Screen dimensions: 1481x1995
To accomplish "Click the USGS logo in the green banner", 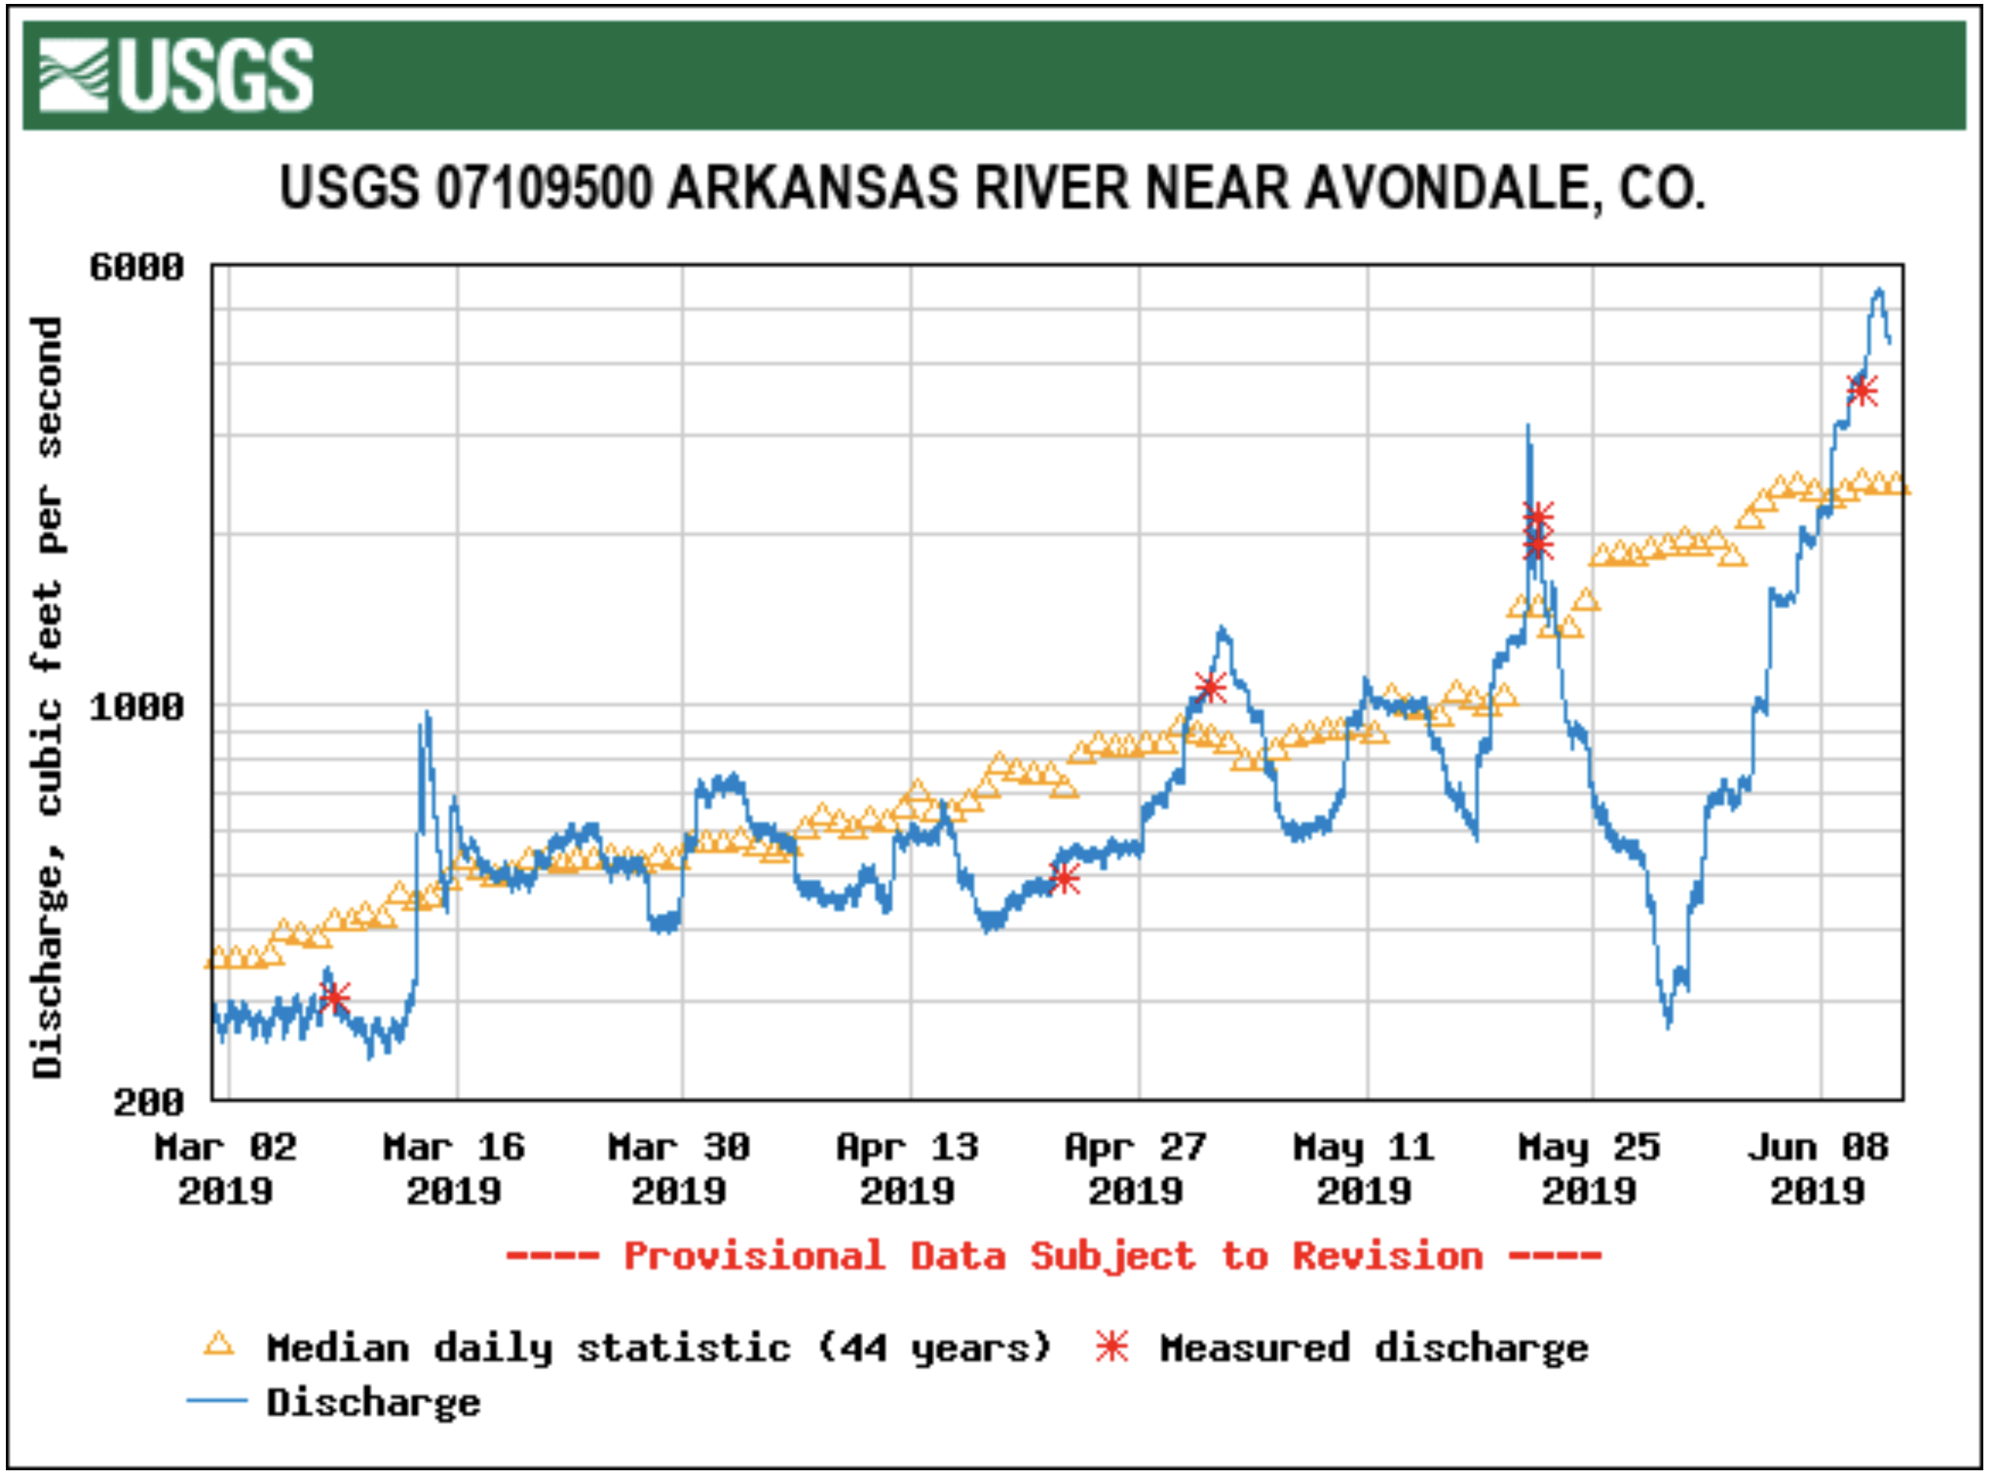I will (175, 75).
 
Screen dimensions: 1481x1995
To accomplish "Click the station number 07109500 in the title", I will (544, 187).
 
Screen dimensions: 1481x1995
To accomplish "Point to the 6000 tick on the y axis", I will (136, 267).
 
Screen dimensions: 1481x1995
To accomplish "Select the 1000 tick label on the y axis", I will (136, 706).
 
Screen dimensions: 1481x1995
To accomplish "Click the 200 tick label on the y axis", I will (148, 1102).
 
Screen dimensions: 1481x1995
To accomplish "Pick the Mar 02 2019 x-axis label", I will (225, 1168).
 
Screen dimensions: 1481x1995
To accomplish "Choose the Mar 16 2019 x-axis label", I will (454, 1168).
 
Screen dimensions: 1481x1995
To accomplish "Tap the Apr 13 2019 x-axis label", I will (908, 1168).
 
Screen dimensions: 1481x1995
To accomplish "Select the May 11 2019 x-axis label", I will (1364, 1168).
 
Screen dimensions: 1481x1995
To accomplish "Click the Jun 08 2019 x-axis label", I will (1818, 1168).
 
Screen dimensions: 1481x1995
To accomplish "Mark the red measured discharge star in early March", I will (334, 998).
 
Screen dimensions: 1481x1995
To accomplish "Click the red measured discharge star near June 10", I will (1862, 392).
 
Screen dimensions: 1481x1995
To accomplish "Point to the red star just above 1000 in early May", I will (1210, 688).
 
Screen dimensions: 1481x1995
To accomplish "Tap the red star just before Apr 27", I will (1065, 879).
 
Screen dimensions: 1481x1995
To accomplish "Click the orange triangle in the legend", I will (219, 1346).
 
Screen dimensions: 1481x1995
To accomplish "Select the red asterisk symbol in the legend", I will (1111, 1347).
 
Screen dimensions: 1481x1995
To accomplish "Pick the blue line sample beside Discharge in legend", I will (217, 1401).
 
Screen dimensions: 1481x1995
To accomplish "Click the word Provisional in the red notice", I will (754, 1256).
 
